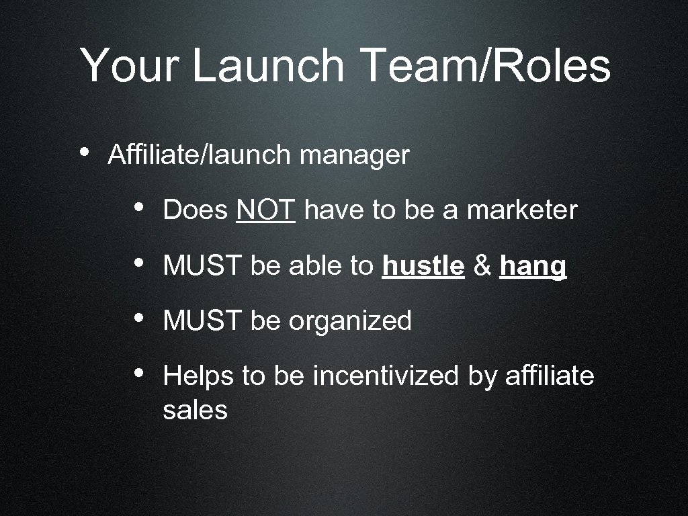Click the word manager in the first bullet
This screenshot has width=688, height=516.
354,155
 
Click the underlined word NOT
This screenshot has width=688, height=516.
266,210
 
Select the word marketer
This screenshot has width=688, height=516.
522,210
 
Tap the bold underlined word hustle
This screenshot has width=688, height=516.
423,267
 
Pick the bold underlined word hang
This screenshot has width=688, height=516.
533,267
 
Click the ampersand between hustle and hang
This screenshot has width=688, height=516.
482,267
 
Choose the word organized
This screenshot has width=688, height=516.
350,321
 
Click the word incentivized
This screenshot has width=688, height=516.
386,376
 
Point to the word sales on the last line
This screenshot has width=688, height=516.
195,410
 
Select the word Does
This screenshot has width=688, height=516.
196,210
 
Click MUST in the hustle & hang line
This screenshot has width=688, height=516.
202,267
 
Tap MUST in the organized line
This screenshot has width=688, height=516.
202,321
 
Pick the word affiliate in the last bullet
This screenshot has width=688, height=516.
550,376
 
